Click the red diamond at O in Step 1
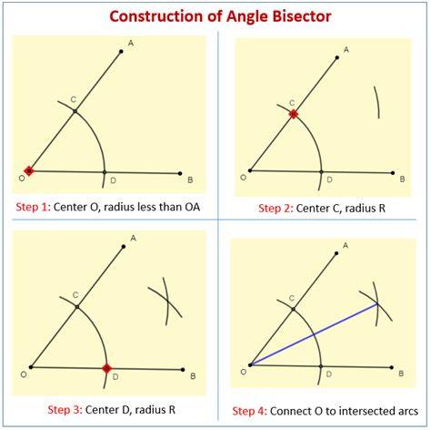[x=29, y=171]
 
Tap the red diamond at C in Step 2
[x=294, y=114]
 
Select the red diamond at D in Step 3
[x=106, y=368]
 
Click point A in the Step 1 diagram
[x=121, y=51]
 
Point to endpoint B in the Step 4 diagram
[x=392, y=367]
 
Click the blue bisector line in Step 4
[x=314, y=334]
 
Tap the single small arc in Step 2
[x=377, y=102]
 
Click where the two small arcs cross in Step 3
[x=167, y=301]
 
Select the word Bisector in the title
[x=302, y=15]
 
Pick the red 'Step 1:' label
[x=33, y=207]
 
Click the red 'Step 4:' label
[x=250, y=411]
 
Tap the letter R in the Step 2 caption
[x=382, y=208]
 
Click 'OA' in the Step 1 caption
[x=193, y=207]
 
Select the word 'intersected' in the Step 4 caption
[x=364, y=411]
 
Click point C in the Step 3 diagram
[x=77, y=307]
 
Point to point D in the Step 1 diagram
[x=105, y=172]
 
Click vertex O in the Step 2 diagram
[x=250, y=170]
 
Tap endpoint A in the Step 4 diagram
[x=336, y=253]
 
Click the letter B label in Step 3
[x=193, y=376]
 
